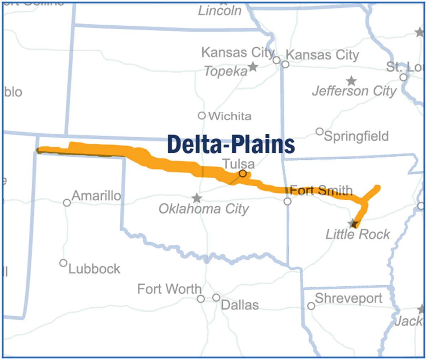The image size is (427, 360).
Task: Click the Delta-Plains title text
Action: coord(231,144)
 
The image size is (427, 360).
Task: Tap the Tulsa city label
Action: coord(238,164)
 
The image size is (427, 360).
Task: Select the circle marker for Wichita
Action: coord(202,116)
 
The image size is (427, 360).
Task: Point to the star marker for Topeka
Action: coord(253,67)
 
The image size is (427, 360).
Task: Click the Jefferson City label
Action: coord(354,91)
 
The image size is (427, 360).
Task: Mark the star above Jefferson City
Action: coord(352,81)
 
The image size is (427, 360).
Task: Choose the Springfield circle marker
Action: coord(320,132)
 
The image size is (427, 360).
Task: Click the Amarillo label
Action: coord(96,196)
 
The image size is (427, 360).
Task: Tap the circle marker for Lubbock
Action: coord(63,263)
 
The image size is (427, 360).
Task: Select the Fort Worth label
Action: coord(169,289)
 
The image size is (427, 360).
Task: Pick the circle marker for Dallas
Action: coord(216,297)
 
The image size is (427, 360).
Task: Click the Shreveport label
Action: coord(349,298)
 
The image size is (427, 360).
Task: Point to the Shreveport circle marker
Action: coord(311,306)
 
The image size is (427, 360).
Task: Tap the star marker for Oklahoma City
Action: coord(196,198)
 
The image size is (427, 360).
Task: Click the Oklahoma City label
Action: coord(204,209)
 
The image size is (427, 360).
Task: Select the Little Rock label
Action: coord(358,234)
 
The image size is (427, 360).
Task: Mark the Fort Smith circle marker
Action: coord(288,202)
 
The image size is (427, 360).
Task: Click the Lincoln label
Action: coord(220,11)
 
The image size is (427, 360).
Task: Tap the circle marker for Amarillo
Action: coord(67,203)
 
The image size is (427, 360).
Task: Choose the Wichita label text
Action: coord(230,116)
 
